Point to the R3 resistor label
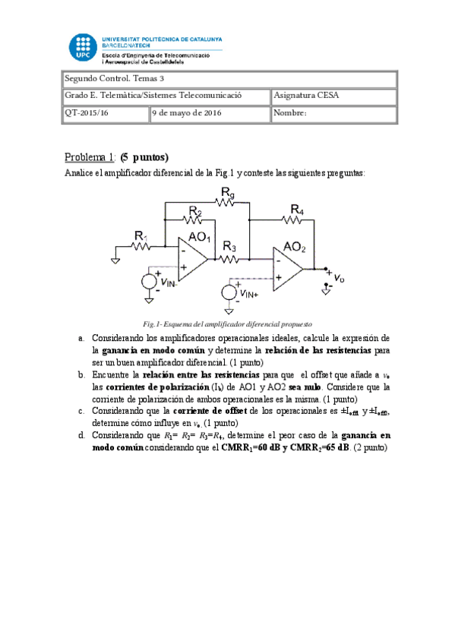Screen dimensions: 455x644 229,246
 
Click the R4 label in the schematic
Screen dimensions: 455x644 297,209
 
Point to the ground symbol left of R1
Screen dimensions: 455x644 115,260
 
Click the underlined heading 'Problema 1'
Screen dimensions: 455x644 89,158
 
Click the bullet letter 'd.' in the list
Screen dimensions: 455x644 81,436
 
